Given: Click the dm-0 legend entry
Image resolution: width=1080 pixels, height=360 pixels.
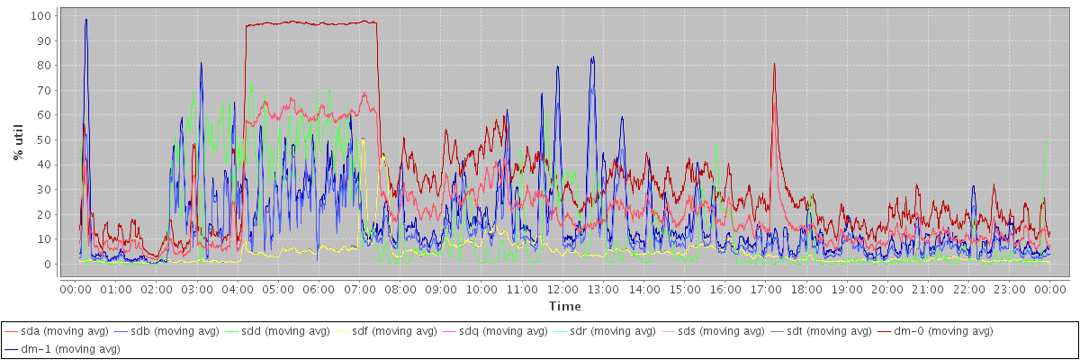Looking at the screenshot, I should [x=936, y=331].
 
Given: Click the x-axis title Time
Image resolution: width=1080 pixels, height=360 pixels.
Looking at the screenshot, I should [x=564, y=307].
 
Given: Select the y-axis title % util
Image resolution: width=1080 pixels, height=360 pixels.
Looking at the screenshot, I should [x=18, y=141].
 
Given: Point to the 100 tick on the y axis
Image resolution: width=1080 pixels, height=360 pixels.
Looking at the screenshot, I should [x=40, y=15].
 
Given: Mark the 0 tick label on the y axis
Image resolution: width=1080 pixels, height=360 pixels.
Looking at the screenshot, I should [x=47, y=264].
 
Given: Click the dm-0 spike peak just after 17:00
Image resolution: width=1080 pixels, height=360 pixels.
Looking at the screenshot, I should [x=774, y=64].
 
